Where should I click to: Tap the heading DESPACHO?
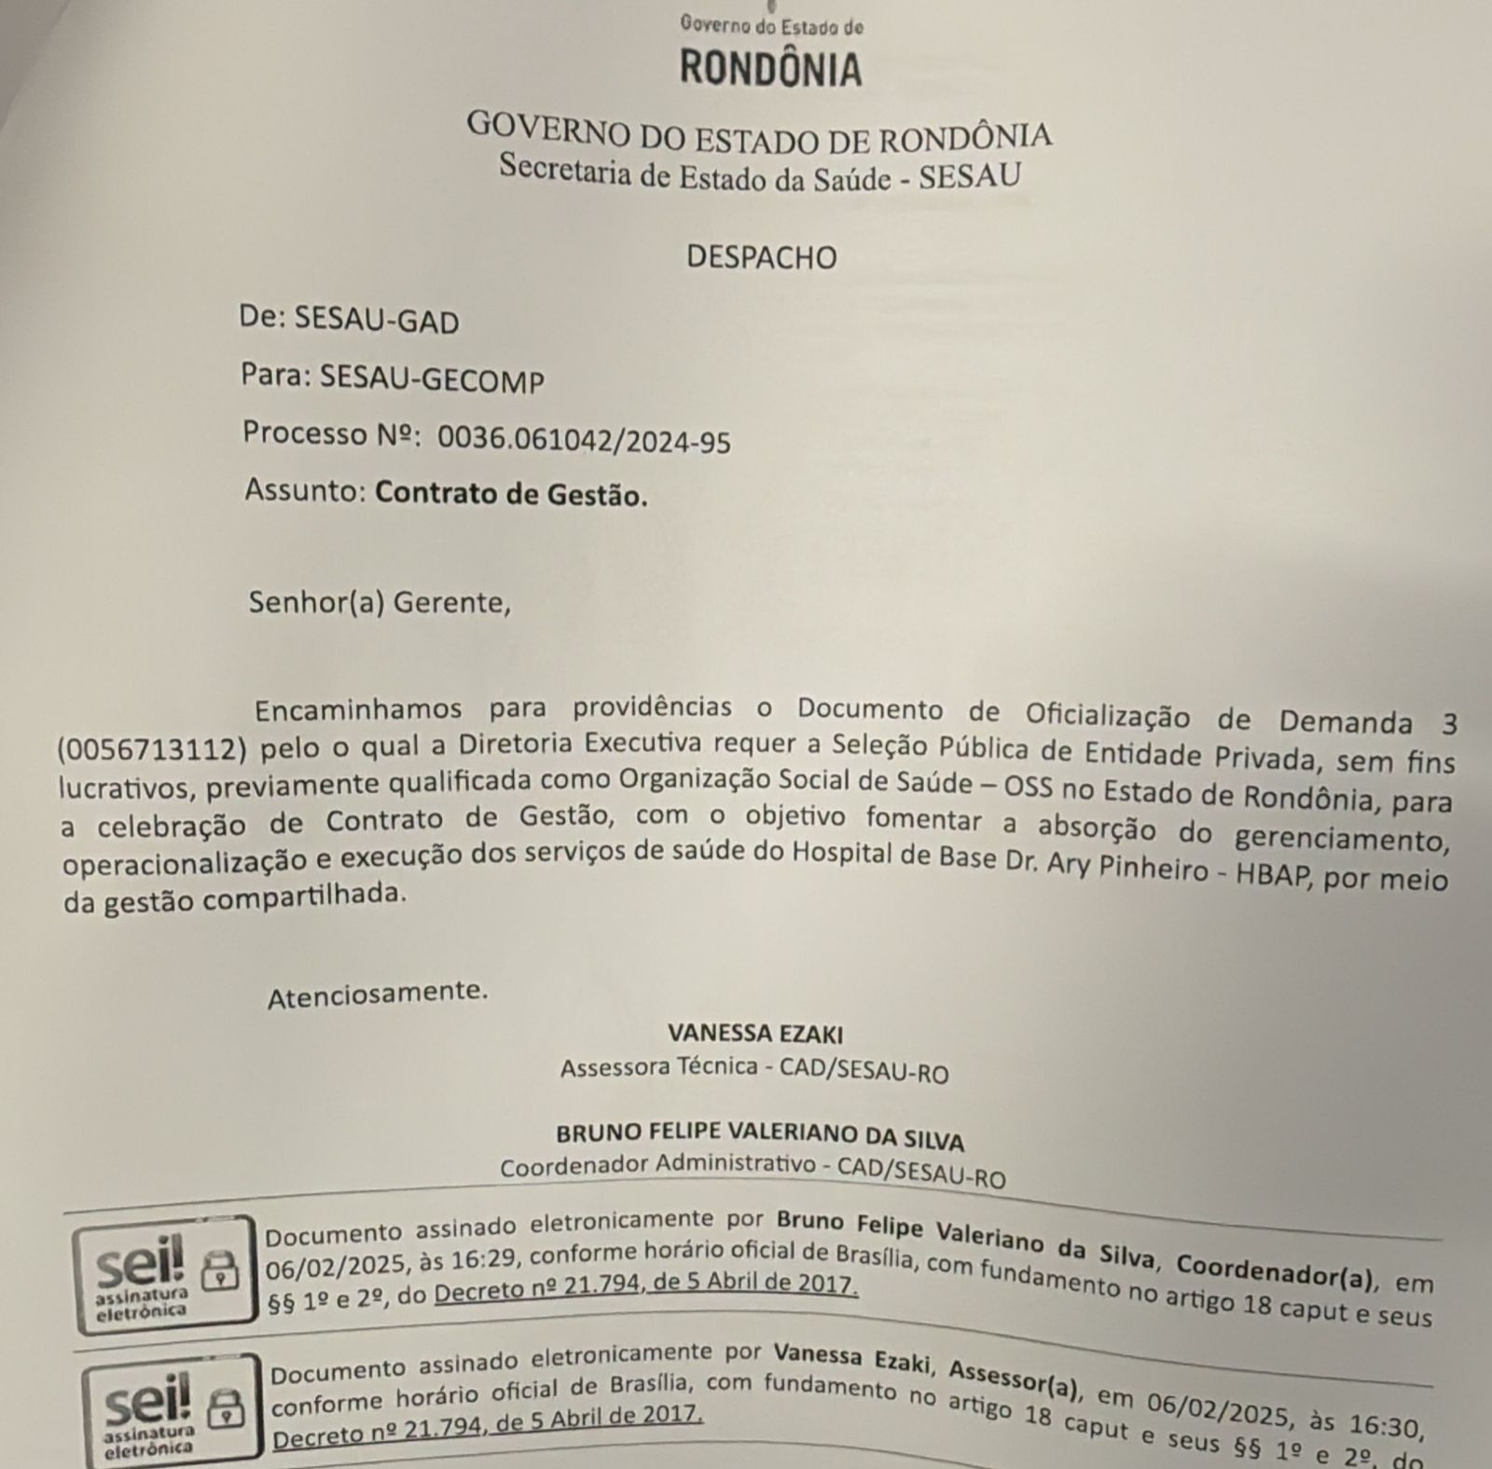[x=762, y=257]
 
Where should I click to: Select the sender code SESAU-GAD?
[x=377, y=321]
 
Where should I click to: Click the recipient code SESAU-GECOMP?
[x=432, y=378]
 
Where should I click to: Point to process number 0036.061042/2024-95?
[x=584, y=440]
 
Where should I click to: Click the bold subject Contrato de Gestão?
[x=511, y=494]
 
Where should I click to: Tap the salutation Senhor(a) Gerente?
[x=380, y=603]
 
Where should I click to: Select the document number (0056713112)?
[x=155, y=748]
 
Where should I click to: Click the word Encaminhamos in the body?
[x=358, y=709]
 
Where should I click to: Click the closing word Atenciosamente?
[x=378, y=995]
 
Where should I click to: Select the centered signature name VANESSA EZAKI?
[x=755, y=1034]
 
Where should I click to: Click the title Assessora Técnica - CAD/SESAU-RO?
[x=753, y=1070]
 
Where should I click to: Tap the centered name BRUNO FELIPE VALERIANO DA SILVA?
[x=760, y=1135]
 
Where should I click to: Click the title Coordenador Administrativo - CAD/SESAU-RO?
[x=753, y=1171]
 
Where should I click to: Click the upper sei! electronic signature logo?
[x=163, y=1270]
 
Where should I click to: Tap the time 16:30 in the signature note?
[x=1384, y=1425]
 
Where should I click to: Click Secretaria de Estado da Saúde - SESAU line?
[x=759, y=174]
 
